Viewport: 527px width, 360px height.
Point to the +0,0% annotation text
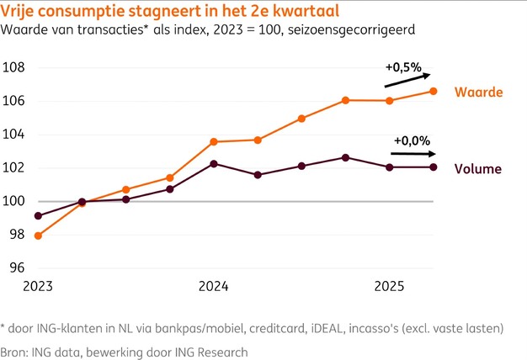pyautogui.click(x=410, y=140)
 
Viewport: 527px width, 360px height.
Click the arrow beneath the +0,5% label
pyautogui.click(x=407, y=79)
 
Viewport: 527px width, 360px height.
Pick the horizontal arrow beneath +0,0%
pyautogui.click(x=413, y=155)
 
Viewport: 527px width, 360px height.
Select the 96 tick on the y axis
pyautogui.click(x=17, y=268)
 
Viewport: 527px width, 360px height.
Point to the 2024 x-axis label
pyautogui.click(x=214, y=287)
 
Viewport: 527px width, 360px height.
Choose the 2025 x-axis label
pyautogui.click(x=389, y=287)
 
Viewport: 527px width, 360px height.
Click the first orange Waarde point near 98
pyautogui.click(x=38, y=236)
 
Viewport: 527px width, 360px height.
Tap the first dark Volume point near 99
pyautogui.click(x=38, y=215)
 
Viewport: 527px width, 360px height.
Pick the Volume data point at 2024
pyautogui.click(x=214, y=163)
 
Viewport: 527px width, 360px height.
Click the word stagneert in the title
pyautogui.click(x=144, y=12)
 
